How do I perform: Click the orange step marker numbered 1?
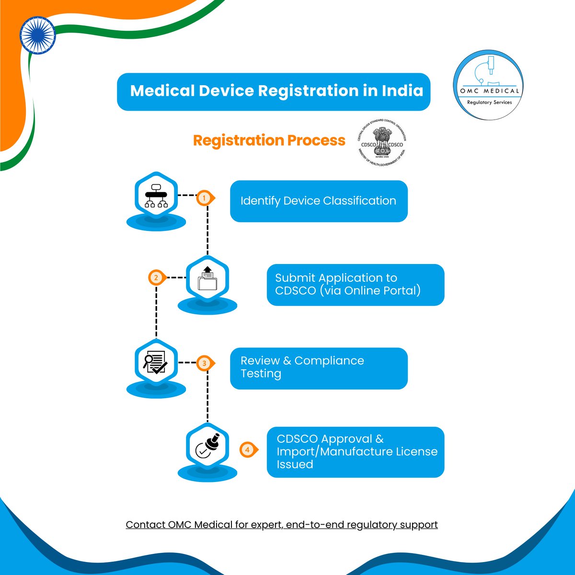[x=205, y=197]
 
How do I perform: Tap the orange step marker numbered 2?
[x=156, y=277]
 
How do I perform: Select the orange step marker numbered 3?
[x=205, y=363]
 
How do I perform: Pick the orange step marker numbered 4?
[x=247, y=450]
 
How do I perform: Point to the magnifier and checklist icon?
[x=156, y=362]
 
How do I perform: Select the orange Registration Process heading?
[x=269, y=140]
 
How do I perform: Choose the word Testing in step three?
[x=261, y=373]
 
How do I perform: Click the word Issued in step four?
[x=295, y=464]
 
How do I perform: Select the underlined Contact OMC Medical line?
[x=282, y=525]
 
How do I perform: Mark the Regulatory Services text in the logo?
[x=489, y=102]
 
